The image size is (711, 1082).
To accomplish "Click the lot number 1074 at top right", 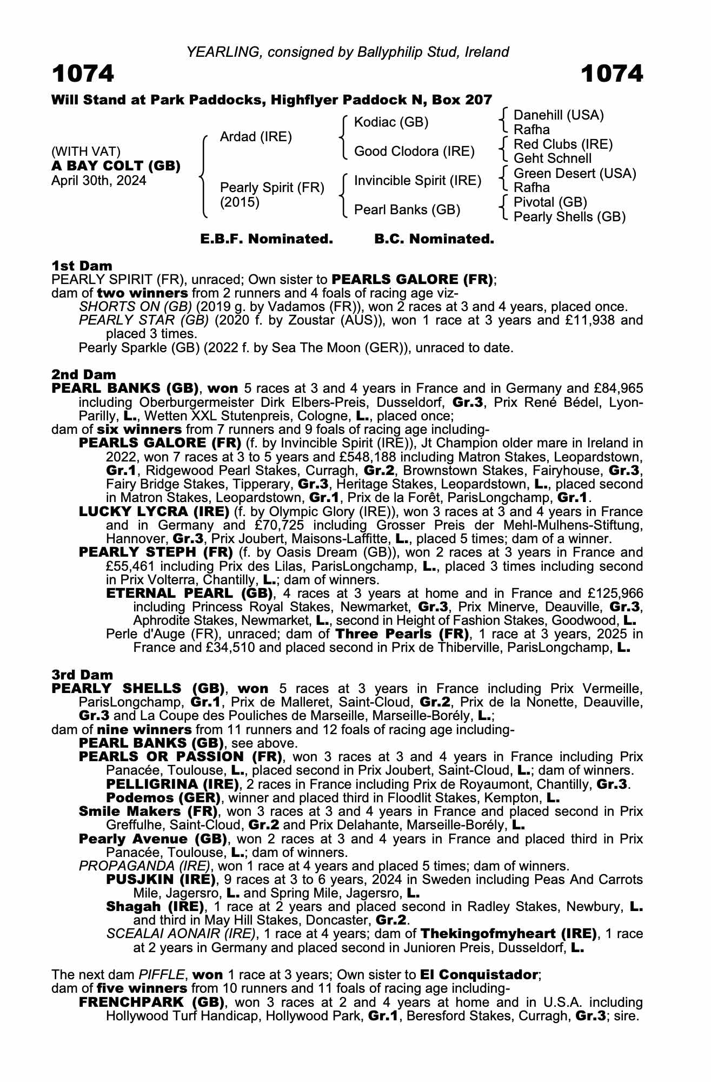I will [612, 74].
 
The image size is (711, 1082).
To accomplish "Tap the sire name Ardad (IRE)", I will [256, 137].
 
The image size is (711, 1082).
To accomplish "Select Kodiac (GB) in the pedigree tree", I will [391, 122].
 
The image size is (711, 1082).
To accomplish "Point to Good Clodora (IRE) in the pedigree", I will [414, 151].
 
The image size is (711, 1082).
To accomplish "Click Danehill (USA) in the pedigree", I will [559, 115].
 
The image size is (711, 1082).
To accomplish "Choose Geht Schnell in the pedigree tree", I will [552, 159].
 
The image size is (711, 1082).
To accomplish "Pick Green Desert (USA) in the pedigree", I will [575, 174].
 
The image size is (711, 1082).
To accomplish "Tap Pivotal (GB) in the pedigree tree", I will [550, 202].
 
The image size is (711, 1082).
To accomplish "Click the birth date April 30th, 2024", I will [98, 181].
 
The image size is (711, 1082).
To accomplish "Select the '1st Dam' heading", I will [82, 266].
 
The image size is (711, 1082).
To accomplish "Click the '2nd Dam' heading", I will [83, 374].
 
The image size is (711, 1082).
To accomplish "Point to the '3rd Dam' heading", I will [82, 675].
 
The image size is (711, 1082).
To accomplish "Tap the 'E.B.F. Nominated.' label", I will [267, 239].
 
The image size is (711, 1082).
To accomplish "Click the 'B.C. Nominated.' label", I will [434, 239].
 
